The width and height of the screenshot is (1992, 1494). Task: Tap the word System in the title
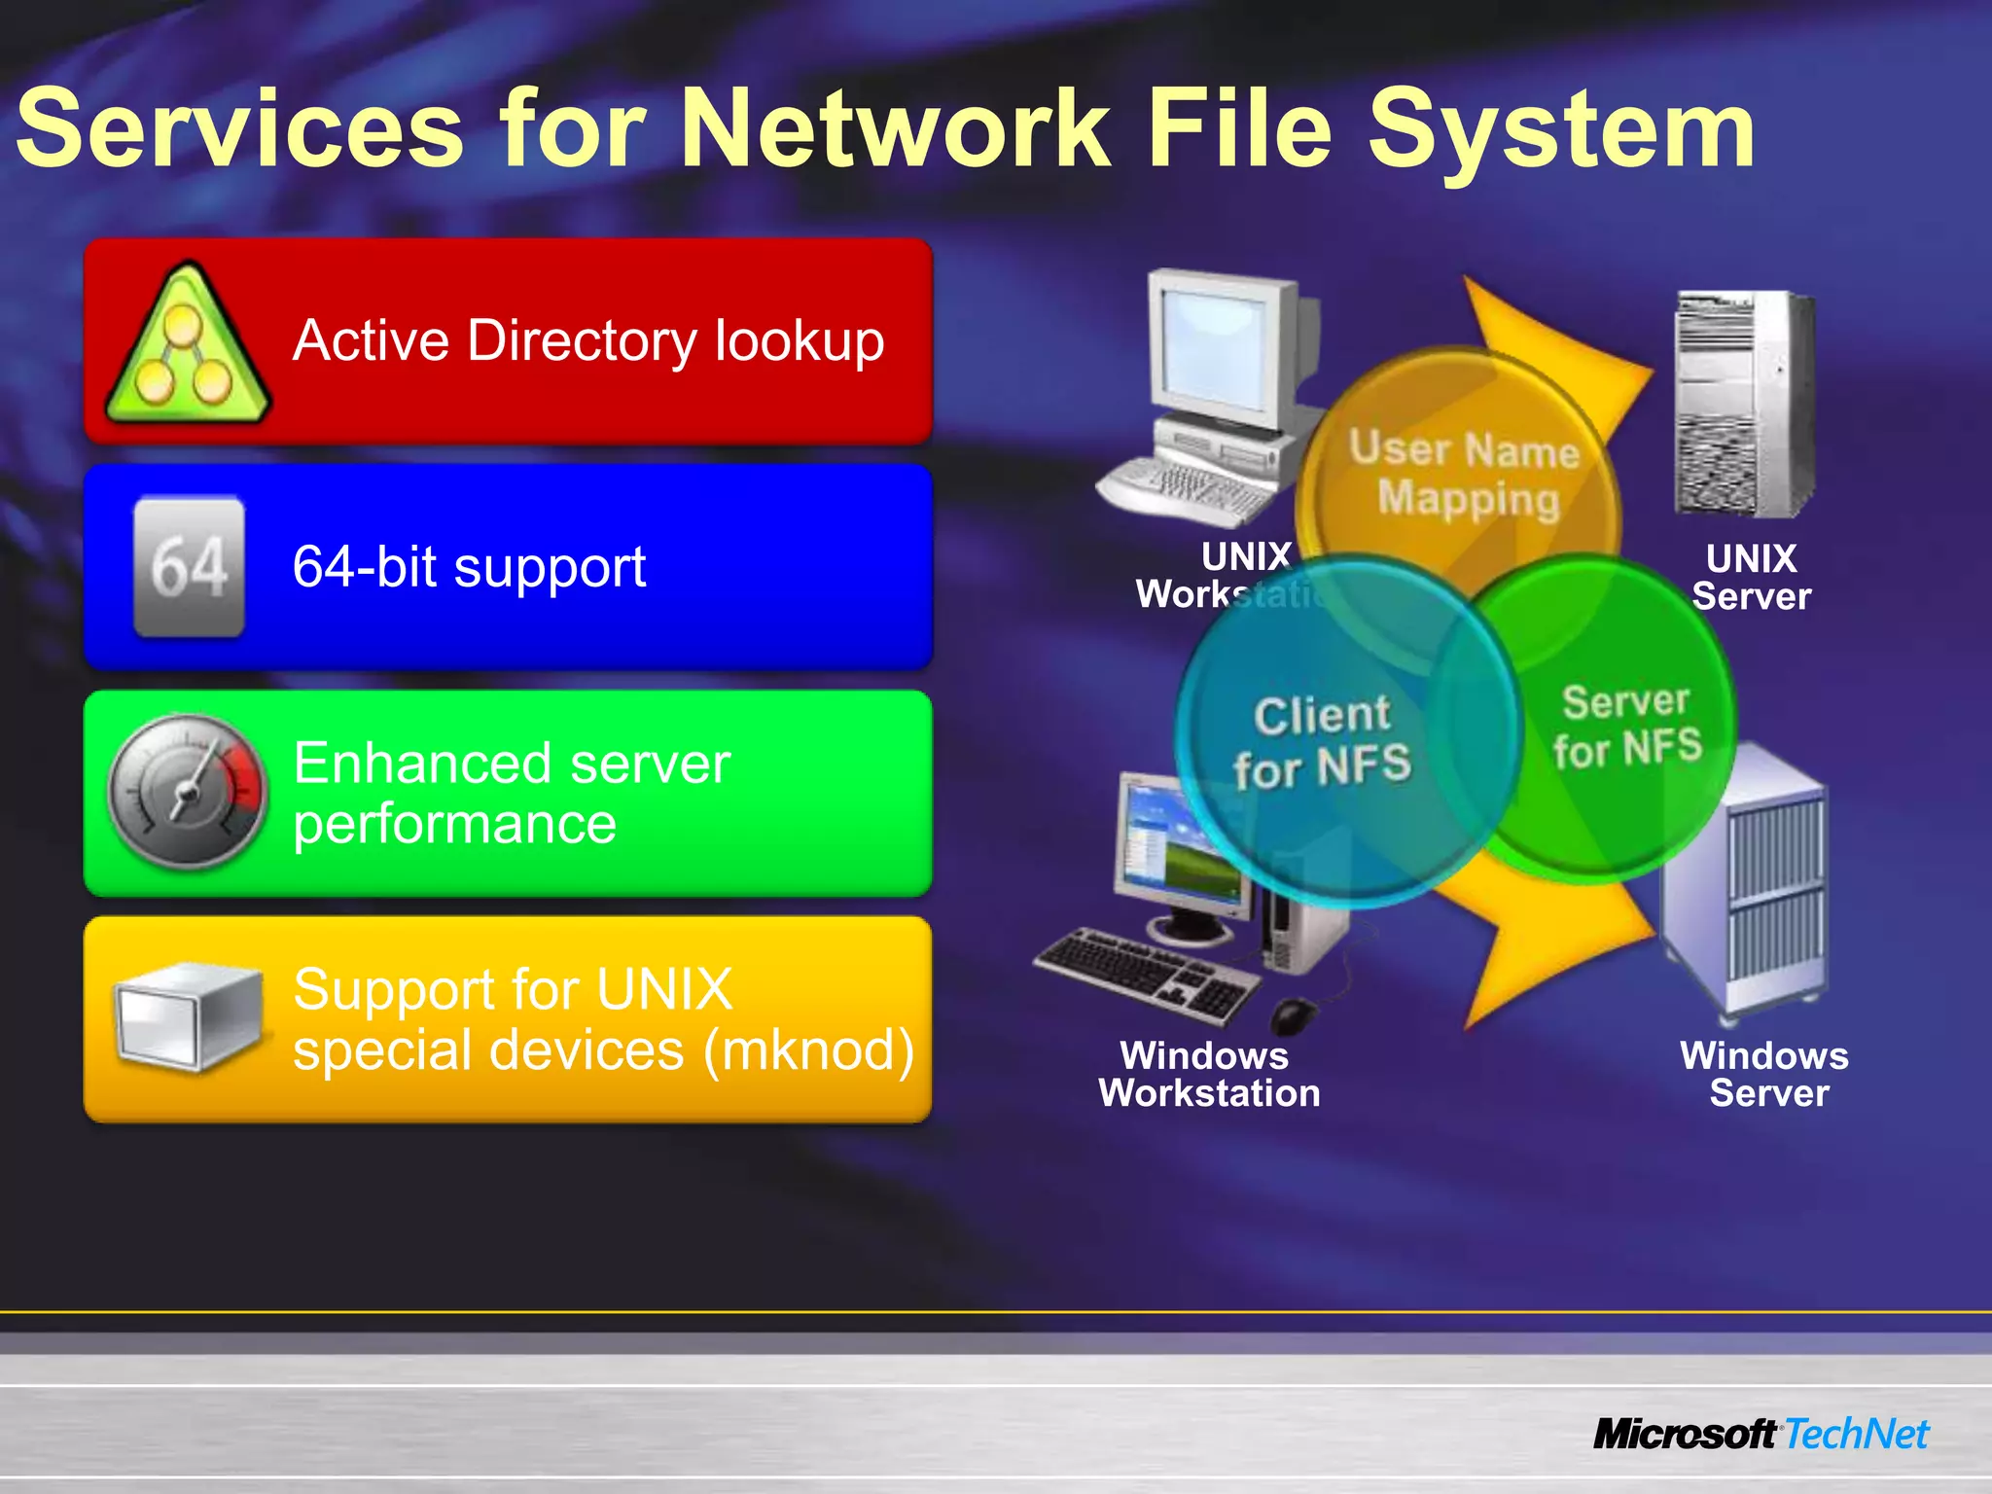(1561, 129)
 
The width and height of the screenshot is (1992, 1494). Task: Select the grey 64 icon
(189, 566)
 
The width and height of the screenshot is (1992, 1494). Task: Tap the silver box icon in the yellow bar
(187, 1017)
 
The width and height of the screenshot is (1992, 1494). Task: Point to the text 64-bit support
(469, 567)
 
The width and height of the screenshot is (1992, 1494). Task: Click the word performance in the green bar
(454, 824)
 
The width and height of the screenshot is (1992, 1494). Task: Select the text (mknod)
(808, 1050)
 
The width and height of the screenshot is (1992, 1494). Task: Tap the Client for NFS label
(1322, 741)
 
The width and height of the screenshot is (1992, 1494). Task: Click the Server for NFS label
(1626, 726)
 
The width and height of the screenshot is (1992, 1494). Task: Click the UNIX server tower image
(1743, 405)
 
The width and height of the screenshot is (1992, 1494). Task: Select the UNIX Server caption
(1751, 578)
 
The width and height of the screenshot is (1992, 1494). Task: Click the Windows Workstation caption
(1208, 1075)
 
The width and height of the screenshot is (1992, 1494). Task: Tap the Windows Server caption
(1765, 1075)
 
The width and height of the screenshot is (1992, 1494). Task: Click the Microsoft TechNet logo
(1761, 1434)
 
